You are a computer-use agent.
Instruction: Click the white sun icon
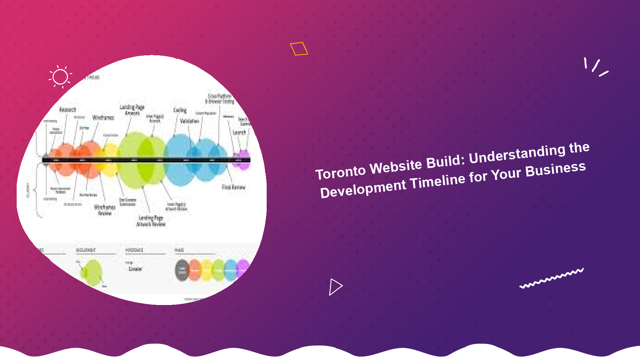click(60, 77)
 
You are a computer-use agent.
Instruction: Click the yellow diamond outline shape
click(299, 49)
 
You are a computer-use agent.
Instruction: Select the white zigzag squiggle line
click(552, 278)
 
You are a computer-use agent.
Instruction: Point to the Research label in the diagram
click(68, 110)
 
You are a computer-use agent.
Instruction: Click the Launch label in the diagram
click(239, 133)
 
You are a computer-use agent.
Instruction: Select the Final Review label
click(233, 187)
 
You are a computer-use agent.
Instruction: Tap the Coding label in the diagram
click(180, 110)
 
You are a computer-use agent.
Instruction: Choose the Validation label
click(189, 121)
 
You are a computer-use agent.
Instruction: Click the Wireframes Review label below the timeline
click(105, 210)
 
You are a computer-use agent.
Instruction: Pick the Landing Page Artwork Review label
click(151, 221)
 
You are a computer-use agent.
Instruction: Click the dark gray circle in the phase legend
click(182, 270)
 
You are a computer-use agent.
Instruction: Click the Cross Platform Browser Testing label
click(220, 99)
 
